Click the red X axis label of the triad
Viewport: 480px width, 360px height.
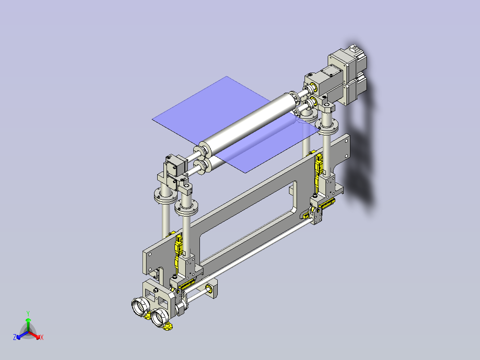(41, 338)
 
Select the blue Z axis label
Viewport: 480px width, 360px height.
(15, 338)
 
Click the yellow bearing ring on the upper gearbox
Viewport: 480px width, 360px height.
(313, 86)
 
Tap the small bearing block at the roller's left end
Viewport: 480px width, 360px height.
(174, 165)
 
